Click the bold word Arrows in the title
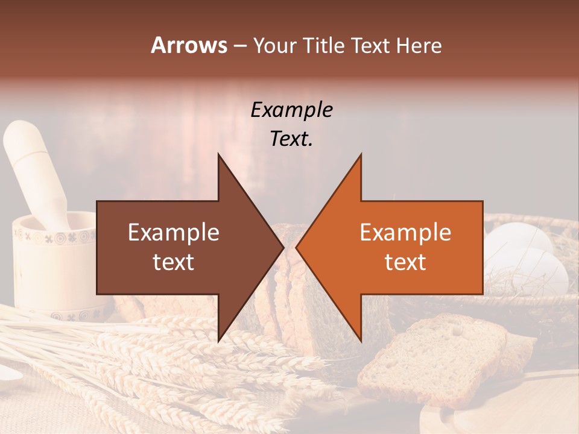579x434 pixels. (x=189, y=45)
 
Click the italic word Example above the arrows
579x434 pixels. (x=291, y=110)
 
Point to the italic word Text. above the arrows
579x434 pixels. (x=291, y=139)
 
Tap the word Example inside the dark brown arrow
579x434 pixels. (x=174, y=233)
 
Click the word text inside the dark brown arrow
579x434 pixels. (x=174, y=262)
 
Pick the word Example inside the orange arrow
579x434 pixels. (x=405, y=233)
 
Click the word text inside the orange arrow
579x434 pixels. (x=405, y=262)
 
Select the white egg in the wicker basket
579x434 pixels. (x=519, y=241)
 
